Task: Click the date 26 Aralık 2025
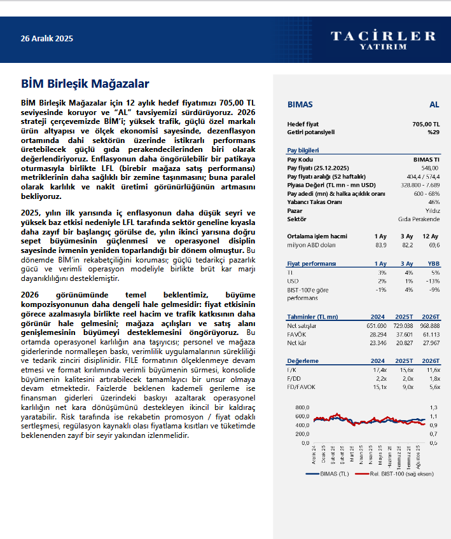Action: point(47,39)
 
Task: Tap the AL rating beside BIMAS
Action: point(434,104)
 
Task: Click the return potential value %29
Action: point(433,132)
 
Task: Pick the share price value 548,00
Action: point(430,167)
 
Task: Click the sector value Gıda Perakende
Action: point(419,219)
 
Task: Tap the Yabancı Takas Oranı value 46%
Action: point(434,201)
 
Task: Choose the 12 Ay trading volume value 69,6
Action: point(434,244)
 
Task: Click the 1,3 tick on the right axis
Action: point(434,407)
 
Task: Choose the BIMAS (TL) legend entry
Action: point(328,474)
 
